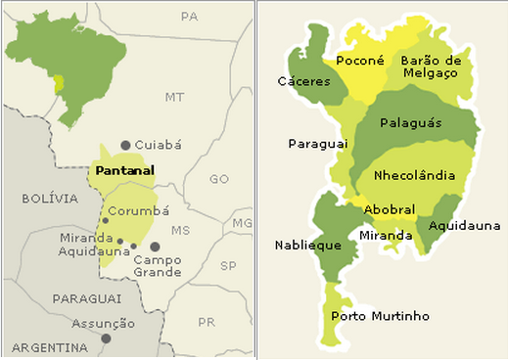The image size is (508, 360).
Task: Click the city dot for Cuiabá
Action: tap(125, 145)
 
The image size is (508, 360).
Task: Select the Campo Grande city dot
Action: tap(155, 247)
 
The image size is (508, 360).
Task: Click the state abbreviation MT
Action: tap(174, 97)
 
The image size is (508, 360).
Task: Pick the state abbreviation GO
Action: tap(218, 179)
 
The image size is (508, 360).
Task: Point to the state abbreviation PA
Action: tap(190, 17)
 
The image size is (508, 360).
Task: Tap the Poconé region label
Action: tap(358, 61)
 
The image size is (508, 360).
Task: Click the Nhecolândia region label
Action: tap(414, 175)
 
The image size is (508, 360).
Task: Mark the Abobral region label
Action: tap(390, 209)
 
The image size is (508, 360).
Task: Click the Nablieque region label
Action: tap(306, 245)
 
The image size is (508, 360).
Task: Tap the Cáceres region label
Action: tap(304, 81)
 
